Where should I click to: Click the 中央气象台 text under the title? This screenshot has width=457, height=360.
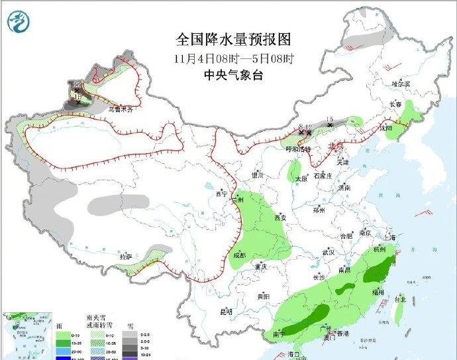coord(234,75)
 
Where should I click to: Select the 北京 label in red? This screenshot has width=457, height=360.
coord(336,146)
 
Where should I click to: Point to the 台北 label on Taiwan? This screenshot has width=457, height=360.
coord(400,300)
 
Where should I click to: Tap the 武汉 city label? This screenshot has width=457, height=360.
coord(329,252)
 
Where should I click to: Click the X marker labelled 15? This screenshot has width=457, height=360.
coord(329,124)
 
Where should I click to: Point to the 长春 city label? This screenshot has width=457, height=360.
coord(396,104)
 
